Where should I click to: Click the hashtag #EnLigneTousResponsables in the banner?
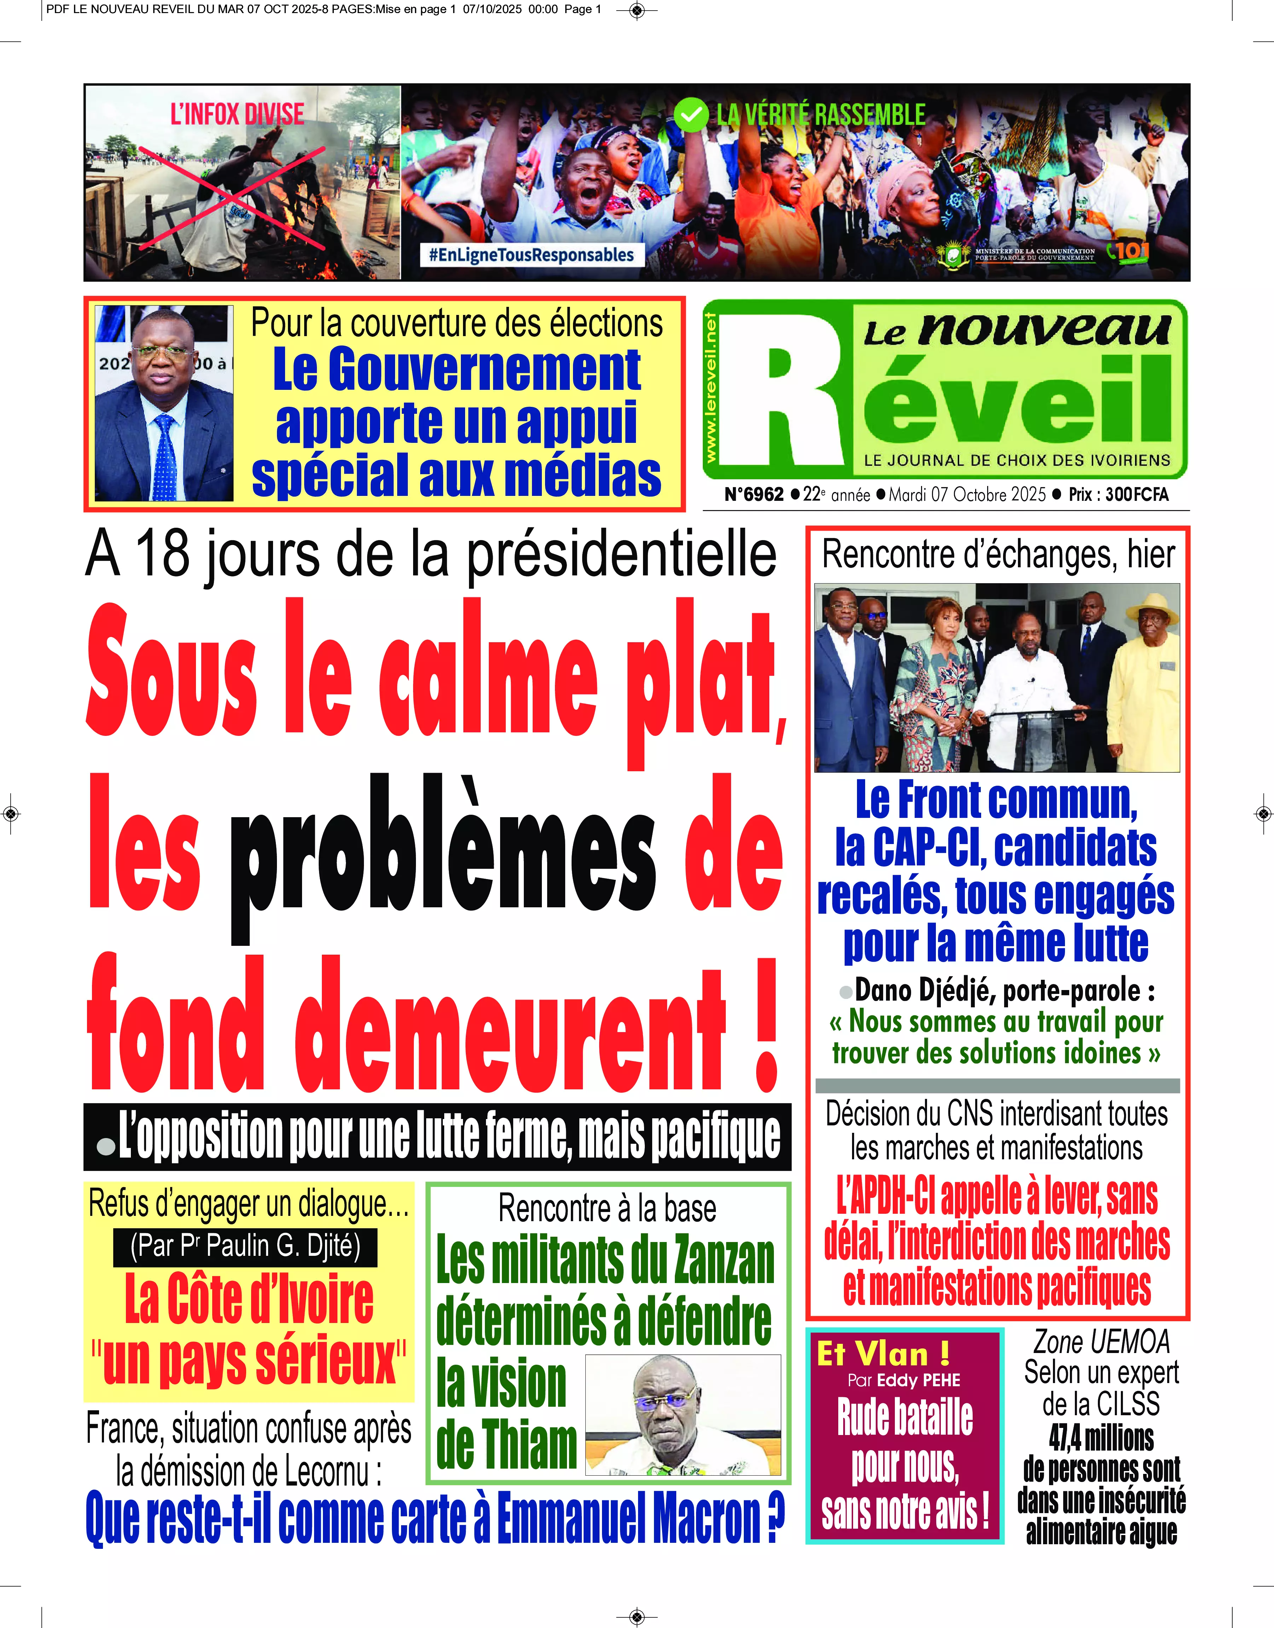click(531, 255)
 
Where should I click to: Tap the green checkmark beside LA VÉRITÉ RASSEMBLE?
click(691, 115)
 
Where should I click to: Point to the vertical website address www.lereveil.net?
click(711, 388)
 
